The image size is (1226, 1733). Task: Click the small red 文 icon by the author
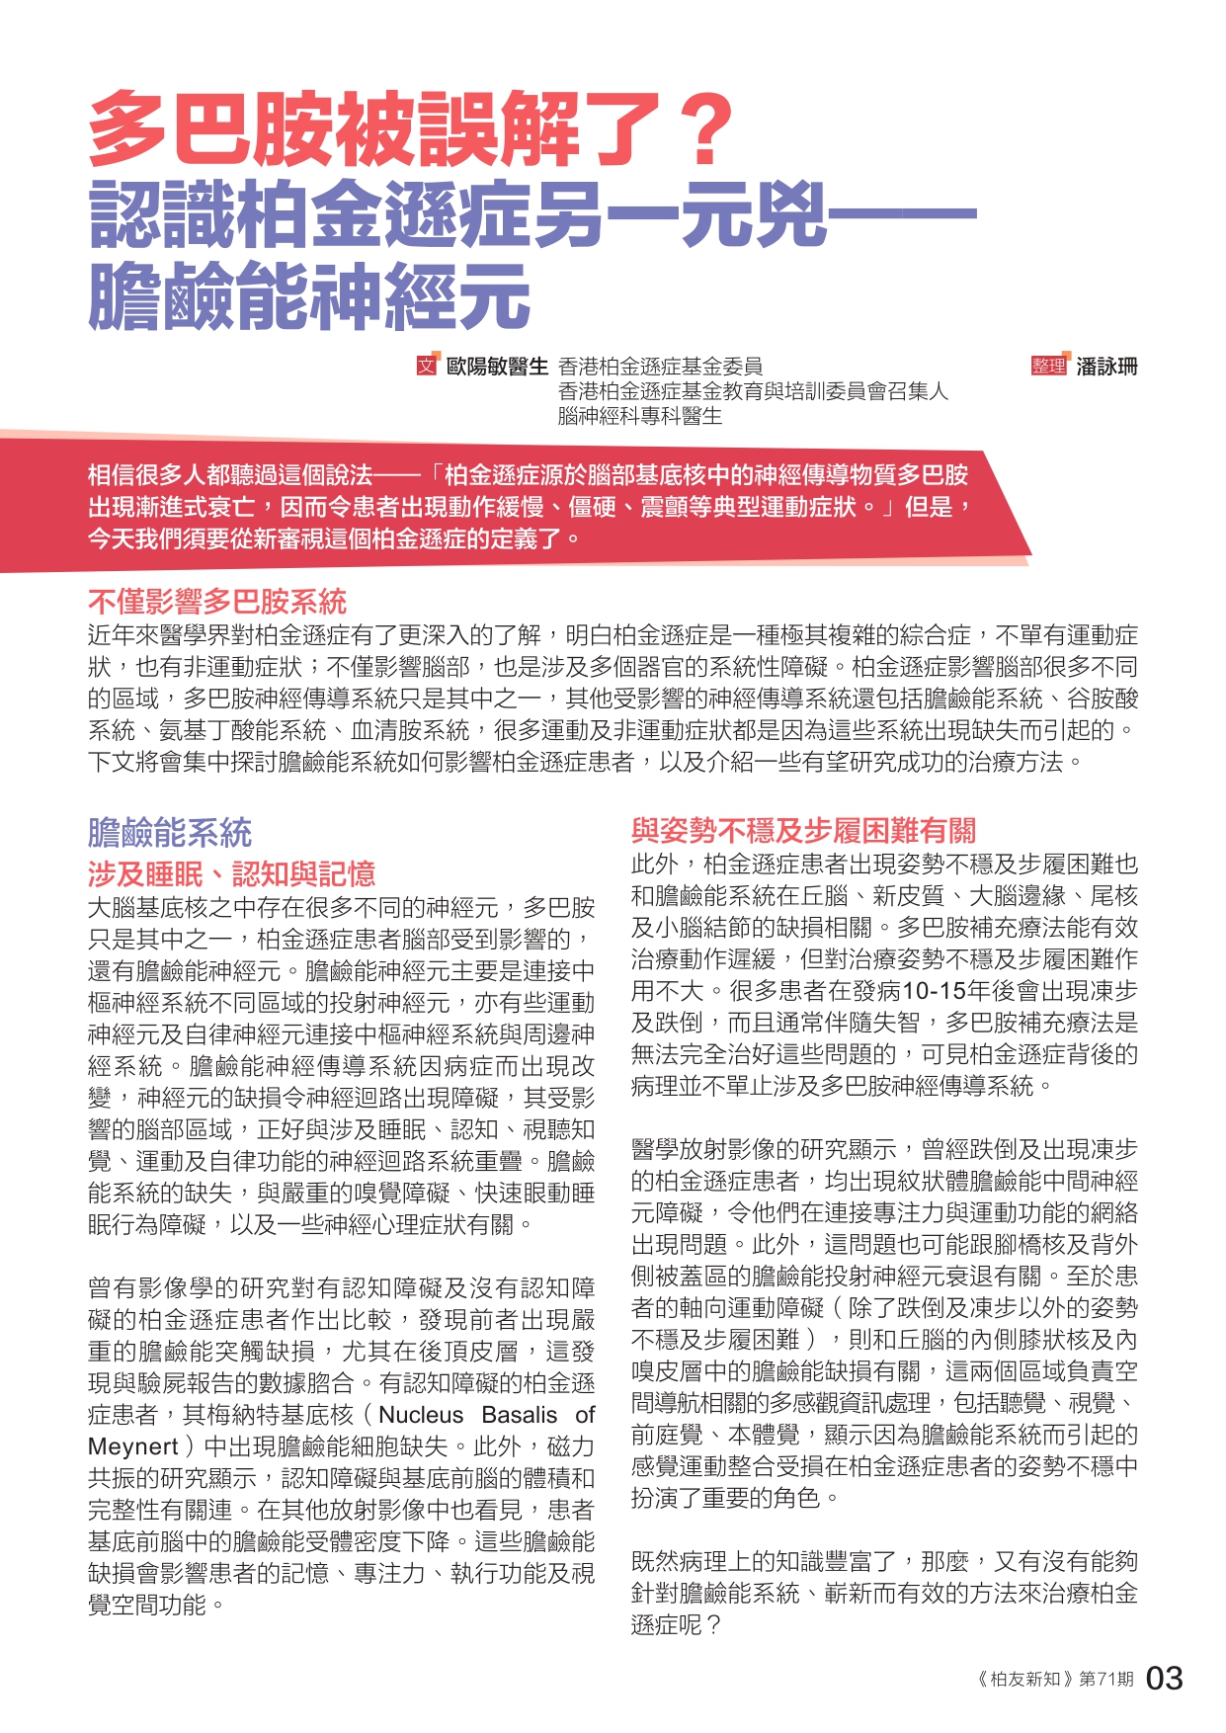pos(427,366)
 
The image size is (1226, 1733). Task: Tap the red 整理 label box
pos(1049,366)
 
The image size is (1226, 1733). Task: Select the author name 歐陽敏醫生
pos(497,367)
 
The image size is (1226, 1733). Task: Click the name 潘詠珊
pos(1107,367)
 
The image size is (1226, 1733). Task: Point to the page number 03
pos(1164,1678)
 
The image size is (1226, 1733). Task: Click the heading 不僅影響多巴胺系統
pos(217,602)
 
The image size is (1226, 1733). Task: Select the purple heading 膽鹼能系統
pos(170,833)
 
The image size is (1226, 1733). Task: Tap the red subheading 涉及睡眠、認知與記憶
pos(232,874)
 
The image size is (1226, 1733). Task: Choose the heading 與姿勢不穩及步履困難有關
pos(803,830)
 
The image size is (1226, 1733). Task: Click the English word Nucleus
pos(421,1415)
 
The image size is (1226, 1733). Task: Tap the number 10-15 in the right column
pos(934,991)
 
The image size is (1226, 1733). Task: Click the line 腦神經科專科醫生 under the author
pos(640,417)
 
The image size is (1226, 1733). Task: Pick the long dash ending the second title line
pos(901,213)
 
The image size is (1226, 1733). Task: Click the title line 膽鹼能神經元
pos(309,295)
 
